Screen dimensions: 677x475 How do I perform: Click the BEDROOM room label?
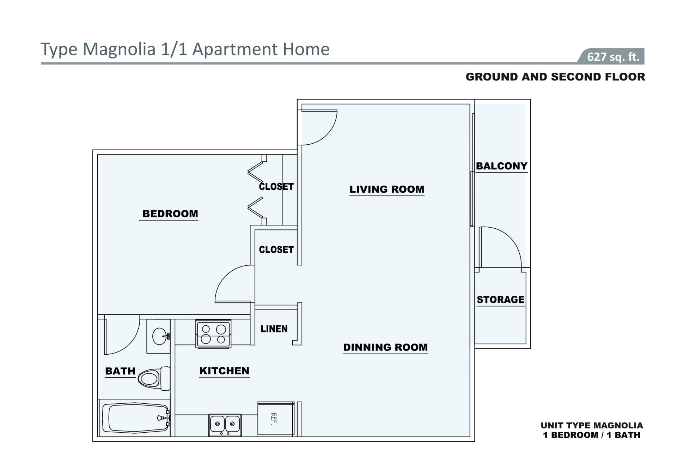pos(170,214)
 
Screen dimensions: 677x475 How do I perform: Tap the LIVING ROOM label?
pos(387,189)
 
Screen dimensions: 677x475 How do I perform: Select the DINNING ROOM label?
pos(385,347)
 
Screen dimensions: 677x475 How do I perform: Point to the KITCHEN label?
pos(224,371)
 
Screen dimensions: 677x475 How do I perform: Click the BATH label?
pos(120,371)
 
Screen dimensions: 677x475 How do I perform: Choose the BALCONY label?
pos(502,166)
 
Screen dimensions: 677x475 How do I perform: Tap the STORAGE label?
pos(500,300)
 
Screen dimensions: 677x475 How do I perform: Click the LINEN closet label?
pos(274,329)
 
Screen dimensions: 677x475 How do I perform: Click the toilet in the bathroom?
pos(154,379)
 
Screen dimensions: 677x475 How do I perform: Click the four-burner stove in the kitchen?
pos(214,334)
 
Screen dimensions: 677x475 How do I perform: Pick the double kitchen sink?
pos(225,425)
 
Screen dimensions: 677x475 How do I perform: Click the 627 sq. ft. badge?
pos(611,56)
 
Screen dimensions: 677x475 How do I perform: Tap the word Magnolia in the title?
pos(119,49)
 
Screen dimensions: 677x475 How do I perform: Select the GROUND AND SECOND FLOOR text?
pos(555,77)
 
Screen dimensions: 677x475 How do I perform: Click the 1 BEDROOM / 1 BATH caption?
pos(592,435)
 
